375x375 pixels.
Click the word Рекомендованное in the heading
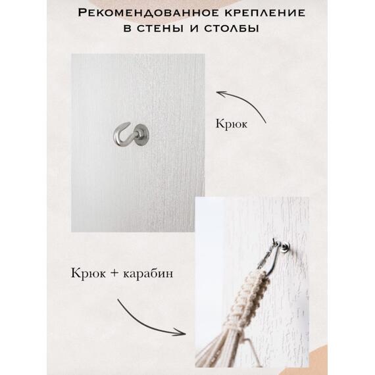click(x=141, y=12)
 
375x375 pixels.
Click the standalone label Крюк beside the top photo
click(x=231, y=124)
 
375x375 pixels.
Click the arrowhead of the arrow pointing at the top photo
click(x=219, y=94)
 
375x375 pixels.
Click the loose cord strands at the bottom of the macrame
click(x=227, y=349)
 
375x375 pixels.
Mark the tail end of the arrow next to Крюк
click(x=265, y=122)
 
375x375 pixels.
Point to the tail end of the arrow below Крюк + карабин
click(x=118, y=299)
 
